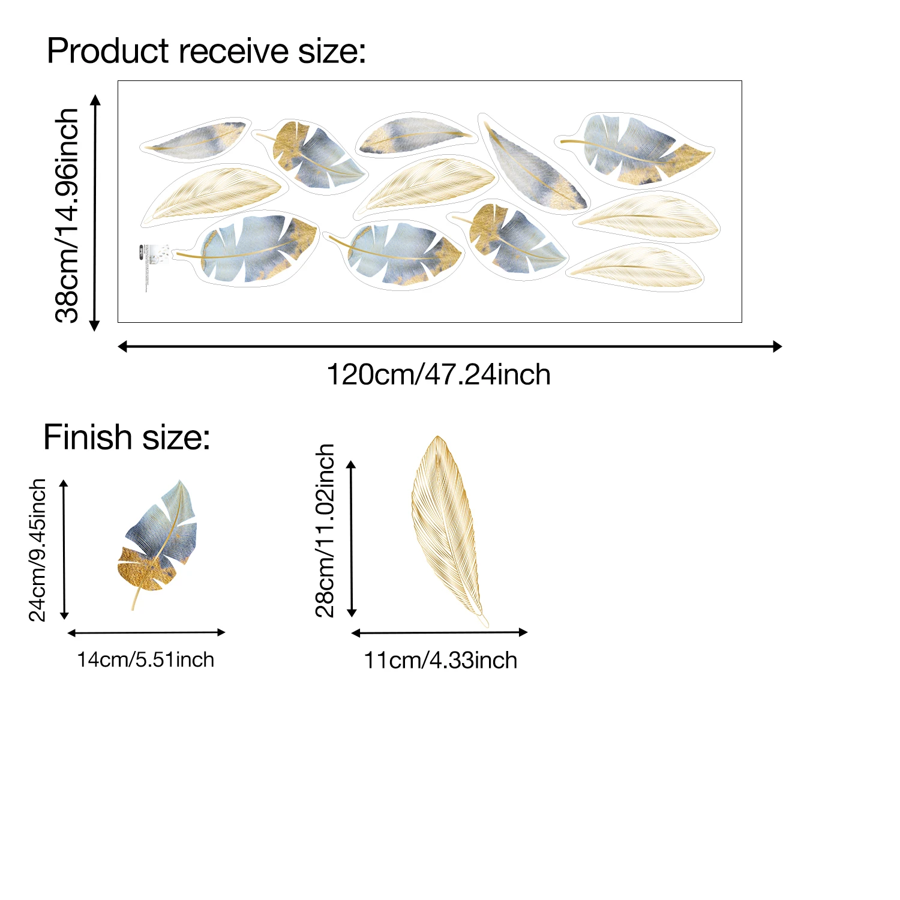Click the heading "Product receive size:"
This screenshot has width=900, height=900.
(206, 51)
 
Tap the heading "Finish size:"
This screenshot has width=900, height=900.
(127, 437)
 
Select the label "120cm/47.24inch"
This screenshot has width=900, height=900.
(439, 375)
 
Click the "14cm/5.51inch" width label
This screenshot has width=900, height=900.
(146, 660)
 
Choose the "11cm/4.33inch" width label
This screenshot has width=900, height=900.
(440, 661)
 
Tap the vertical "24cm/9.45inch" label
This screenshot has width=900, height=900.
(38, 550)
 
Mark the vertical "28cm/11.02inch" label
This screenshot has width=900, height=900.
(325, 530)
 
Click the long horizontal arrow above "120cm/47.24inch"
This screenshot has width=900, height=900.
(450, 346)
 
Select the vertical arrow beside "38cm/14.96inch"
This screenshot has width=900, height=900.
(95, 212)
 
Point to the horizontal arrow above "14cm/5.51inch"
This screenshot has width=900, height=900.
(146, 632)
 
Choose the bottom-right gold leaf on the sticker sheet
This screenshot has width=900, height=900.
(636, 267)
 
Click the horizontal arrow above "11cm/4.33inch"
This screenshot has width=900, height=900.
(439, 632)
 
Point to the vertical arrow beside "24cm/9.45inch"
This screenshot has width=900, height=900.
(65, 550)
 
